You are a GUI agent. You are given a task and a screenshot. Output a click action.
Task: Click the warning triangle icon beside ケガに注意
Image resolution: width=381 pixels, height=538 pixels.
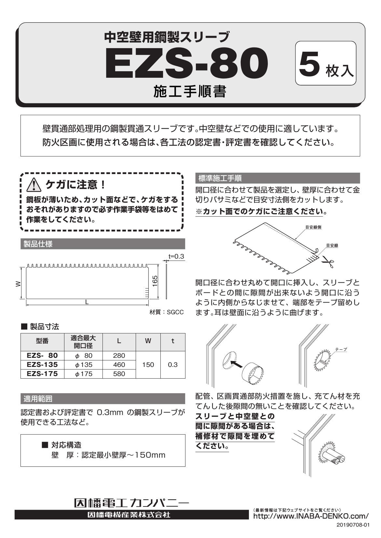tap(34, 185)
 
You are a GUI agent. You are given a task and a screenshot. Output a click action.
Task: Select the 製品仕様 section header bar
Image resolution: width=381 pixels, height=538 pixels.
tap(102, 244)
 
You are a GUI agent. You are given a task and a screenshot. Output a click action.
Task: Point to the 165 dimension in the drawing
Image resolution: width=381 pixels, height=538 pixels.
tap(155, 281)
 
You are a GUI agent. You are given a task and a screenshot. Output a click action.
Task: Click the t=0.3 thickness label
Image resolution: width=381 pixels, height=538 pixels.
tap(176, 256)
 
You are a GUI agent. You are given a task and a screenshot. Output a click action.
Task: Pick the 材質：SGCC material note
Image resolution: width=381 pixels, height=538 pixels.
tap(167, 312)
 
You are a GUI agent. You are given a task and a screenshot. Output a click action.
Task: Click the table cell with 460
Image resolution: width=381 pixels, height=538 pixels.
tap(119, 365)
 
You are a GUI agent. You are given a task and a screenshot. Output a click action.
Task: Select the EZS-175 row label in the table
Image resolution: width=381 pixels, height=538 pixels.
tap(42, 374)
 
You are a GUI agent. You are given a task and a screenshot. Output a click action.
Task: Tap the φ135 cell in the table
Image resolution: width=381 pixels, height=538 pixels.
tap(84, 365)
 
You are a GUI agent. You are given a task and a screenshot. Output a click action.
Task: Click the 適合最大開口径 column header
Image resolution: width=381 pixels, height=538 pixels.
tap(84, 341)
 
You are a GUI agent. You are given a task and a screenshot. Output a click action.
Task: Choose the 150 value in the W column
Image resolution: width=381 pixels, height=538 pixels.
tap(148, 365)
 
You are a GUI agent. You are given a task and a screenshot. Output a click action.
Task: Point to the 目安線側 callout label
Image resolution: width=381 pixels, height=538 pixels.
tap(313, 227)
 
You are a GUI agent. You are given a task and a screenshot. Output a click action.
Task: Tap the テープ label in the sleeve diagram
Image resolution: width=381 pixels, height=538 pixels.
tap(341, 349)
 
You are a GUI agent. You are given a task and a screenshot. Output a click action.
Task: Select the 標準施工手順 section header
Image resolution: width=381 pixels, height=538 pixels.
tap(277, 178)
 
